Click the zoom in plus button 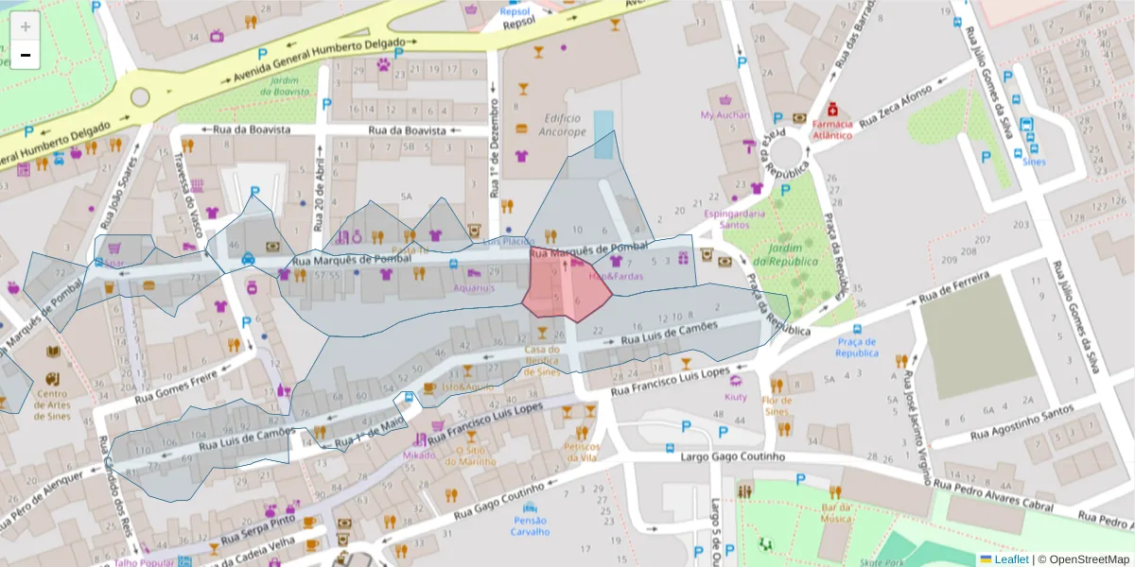coord(26,26)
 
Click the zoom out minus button coord(26,55)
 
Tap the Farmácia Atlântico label coord(831,129)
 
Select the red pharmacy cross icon coord(832,110)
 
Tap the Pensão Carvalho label coord(531,525)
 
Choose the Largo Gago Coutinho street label coord(733,457)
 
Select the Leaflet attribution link coord(1011,559)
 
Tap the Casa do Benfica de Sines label coord(542,360)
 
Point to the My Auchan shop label coord(725,115)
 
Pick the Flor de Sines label coord(777,405)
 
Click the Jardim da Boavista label coord(288,86)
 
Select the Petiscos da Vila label coord(580,452)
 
